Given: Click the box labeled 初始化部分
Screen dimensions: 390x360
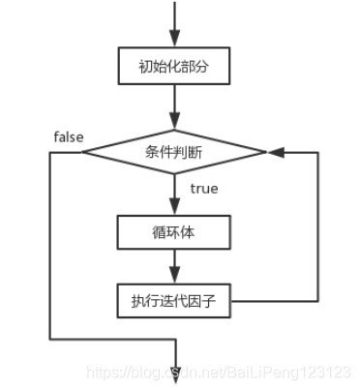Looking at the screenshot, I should point(174,68).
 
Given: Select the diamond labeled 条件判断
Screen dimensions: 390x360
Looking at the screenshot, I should point(174,152).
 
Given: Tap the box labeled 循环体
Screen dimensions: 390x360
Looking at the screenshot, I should point(174,232).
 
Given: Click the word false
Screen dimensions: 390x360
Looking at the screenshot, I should point(69,136).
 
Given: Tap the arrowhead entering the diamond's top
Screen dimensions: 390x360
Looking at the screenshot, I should point(174,121).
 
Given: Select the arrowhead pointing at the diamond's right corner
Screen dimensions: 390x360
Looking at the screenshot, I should point(275,152).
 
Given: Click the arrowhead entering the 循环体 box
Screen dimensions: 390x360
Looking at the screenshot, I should point(174,209).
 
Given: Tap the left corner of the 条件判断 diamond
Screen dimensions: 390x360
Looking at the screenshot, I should point(85,152).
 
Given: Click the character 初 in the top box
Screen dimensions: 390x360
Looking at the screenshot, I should point(143,68).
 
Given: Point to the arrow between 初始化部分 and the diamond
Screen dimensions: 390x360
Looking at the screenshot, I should point(174,105).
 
